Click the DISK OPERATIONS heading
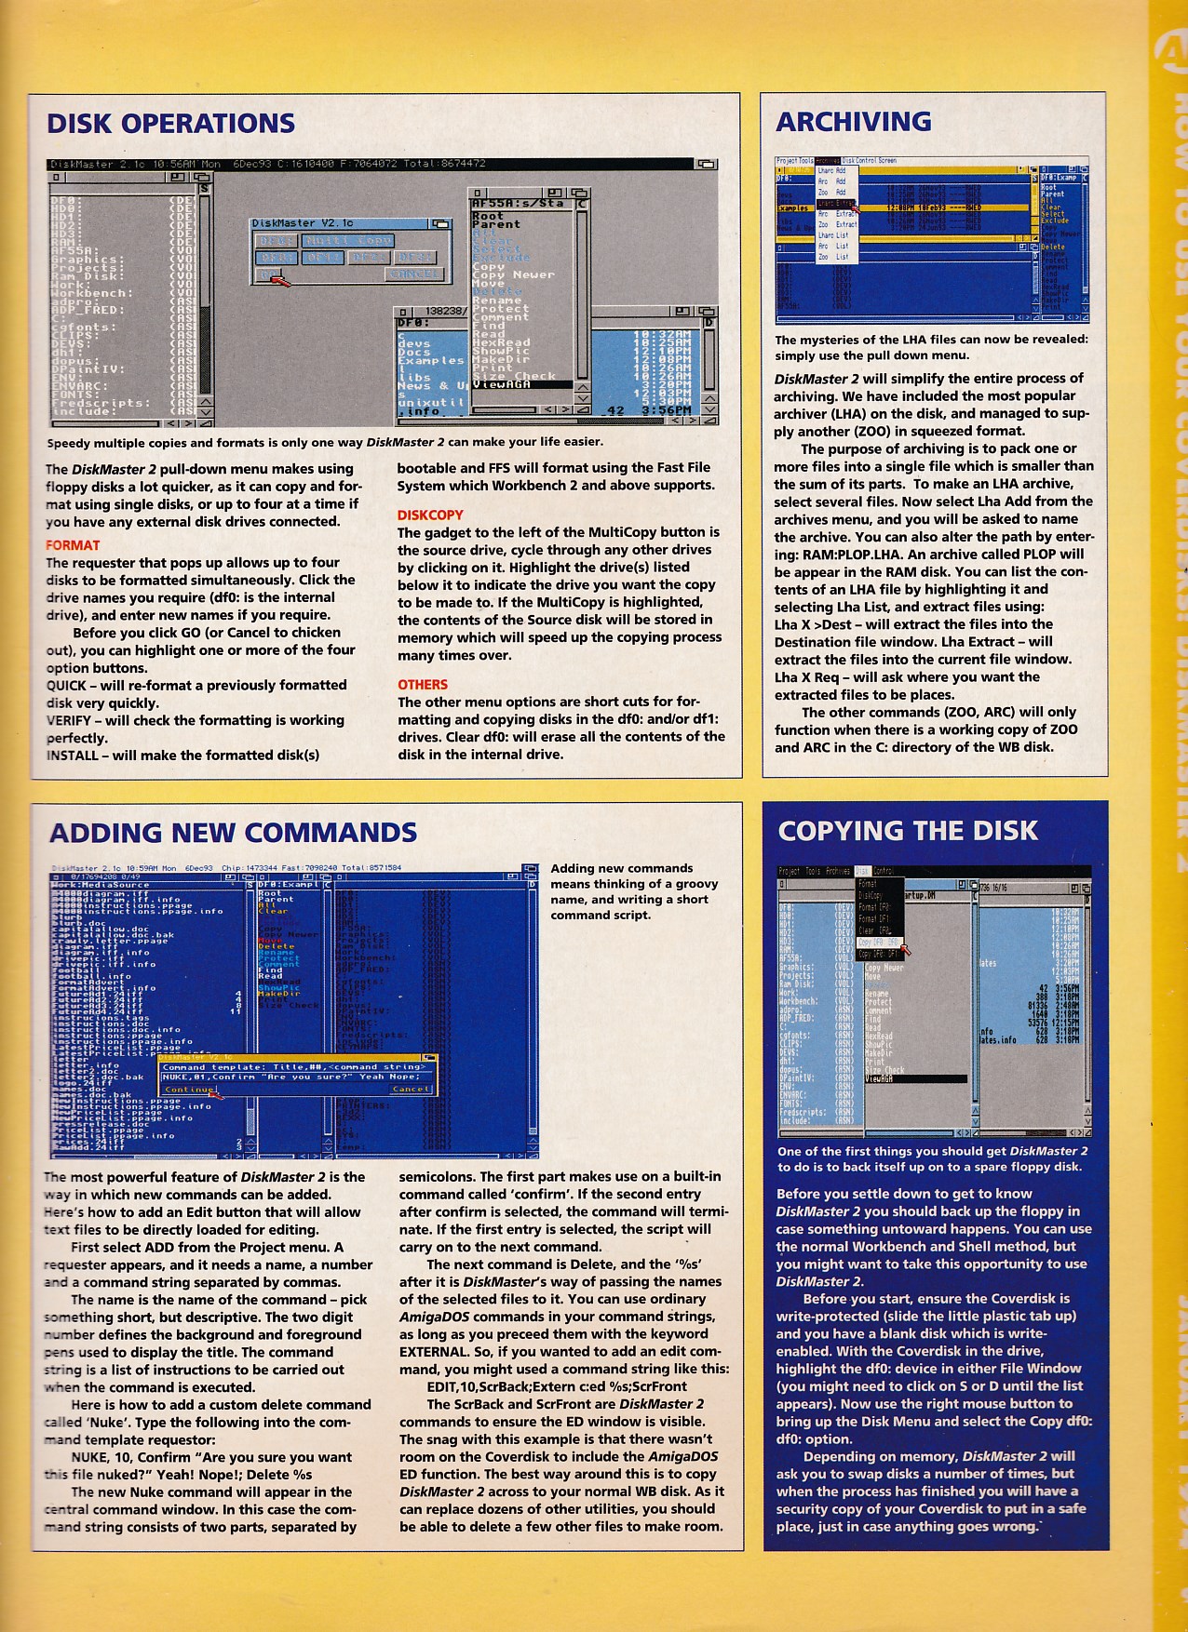(170, 124)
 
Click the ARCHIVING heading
(853, 122)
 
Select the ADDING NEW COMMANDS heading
(233, 832)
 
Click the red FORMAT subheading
(72, 545)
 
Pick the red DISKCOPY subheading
(429, 515)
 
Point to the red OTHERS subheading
(422, 684)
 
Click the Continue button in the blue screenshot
(190, 1089)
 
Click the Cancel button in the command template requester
(411, 1089)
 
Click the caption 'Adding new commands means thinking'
(633, 891)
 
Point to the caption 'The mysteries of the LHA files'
(930, 347)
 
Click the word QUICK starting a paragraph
(66, 685)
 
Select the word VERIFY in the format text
(68, 720)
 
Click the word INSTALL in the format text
(72, 756)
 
